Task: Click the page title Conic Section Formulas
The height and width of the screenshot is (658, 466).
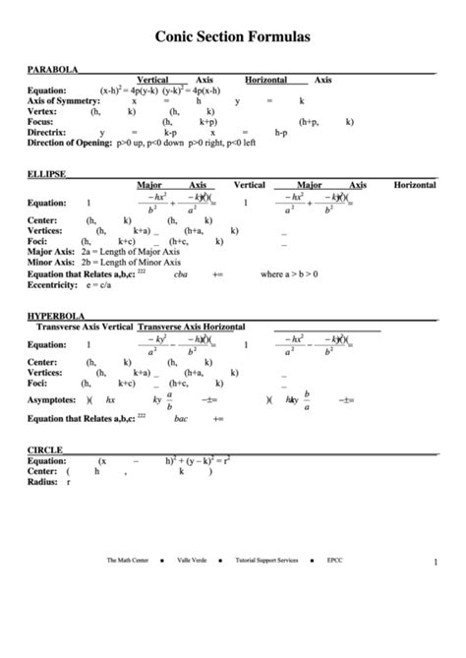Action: [233, 35]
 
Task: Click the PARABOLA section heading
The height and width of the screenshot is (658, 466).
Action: [53, 71]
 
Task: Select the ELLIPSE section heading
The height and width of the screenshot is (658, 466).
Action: [47, 174]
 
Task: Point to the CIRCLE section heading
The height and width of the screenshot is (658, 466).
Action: [45, 449]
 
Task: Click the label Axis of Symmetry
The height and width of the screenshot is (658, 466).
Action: [63, 100]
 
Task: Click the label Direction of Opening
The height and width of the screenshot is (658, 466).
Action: [69, 142]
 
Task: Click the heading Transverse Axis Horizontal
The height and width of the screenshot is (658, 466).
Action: [192, 326]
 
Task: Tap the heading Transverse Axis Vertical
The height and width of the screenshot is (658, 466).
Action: [84, 326]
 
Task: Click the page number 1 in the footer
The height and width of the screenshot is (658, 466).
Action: [435, 562]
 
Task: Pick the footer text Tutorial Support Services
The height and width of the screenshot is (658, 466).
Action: [266, 561]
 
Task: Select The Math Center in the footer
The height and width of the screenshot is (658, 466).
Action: [128, 561]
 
